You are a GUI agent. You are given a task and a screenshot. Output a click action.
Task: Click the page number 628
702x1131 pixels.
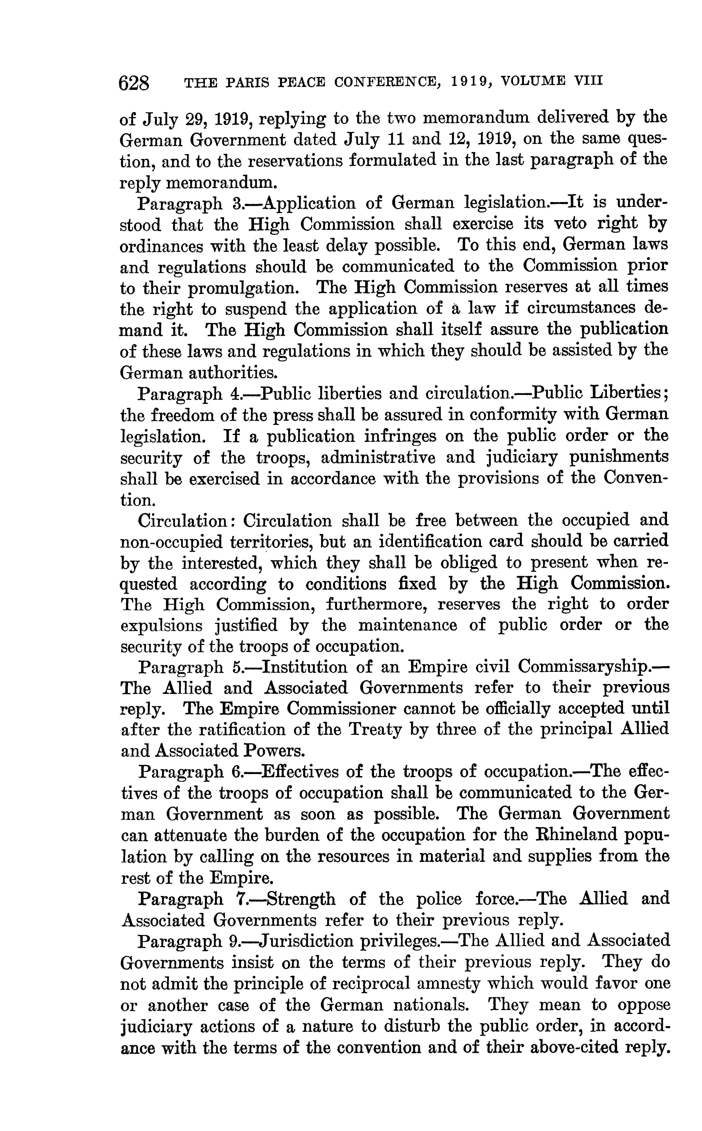[x=135, y=83]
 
